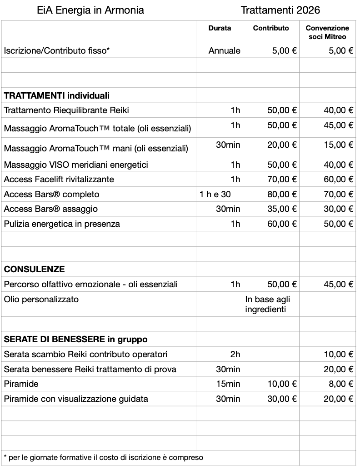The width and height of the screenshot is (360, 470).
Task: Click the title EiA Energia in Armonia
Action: pos(90,10)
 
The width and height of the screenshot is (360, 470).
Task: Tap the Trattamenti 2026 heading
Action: pos(280,10)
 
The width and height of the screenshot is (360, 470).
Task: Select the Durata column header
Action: pos(220,28)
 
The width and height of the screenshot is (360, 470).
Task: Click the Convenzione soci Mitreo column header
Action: pos(327,32)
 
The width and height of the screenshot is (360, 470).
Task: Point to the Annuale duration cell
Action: pos(224,51)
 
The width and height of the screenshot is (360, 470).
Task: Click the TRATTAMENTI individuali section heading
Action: pos(57,96)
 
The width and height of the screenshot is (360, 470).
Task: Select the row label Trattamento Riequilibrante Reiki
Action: pos(63,110)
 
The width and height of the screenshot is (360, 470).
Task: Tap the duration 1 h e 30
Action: pos(215,194)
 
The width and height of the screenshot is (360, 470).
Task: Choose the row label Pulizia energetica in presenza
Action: pos(62,224)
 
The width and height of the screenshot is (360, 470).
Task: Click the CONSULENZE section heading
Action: pos(35,270)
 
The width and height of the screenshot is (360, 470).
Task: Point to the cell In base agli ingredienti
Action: pos(268,305)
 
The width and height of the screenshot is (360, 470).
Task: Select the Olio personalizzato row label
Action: pos(41,300)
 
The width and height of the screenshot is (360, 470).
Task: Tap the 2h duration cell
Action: pos(235,355)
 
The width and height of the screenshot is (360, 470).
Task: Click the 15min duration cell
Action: pos(228,384)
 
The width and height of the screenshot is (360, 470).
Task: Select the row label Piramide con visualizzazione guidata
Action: pos(76,399)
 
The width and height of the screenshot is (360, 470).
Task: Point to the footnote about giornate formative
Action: pos(103,457)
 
